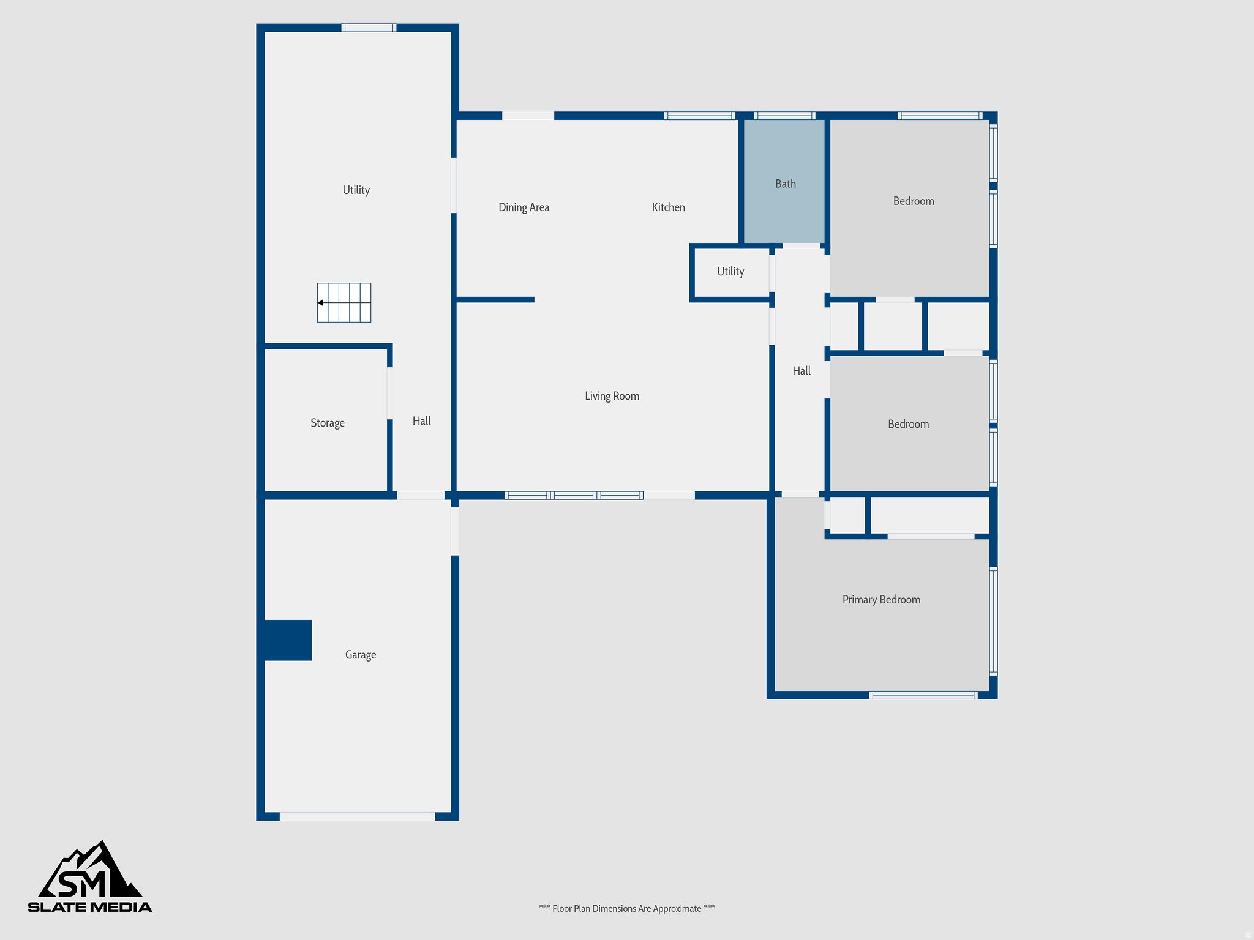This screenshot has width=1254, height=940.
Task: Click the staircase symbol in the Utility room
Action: (344, 302)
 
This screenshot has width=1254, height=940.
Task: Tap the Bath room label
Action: (785, 184)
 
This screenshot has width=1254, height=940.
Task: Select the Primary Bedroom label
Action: (881, 600)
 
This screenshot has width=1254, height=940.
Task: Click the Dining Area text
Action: (524, 207)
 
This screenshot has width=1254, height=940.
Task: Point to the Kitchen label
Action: (668, 207)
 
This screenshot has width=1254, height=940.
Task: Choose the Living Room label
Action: (612, 396)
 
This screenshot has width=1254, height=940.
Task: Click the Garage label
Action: (360, 655)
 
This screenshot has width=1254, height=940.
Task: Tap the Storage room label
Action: (327, 423)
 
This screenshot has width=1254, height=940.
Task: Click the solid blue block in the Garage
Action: (287, 640)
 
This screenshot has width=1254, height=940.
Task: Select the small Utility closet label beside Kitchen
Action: (730, 272)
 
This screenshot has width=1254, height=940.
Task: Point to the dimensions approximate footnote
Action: (626, 908)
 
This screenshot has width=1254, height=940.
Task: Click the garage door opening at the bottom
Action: (357, 816)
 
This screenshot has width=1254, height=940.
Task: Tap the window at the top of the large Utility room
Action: (369, 28)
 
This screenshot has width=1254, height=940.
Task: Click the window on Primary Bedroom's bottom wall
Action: (923, 695)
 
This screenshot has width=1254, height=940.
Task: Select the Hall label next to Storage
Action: (421, 421)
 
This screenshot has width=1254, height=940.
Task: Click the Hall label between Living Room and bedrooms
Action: (801, 371)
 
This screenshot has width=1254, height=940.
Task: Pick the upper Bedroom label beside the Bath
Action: (913, 201)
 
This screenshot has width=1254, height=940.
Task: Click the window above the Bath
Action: (784, 116)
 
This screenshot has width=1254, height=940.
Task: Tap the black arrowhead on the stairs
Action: (321, 302)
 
